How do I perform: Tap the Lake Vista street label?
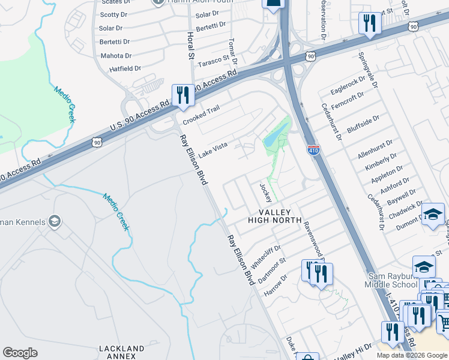213,149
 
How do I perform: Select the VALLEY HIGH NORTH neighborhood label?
275,217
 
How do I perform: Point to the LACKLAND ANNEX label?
122,352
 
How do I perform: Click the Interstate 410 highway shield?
313,149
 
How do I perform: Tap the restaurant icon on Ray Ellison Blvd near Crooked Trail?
182,96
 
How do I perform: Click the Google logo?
20,353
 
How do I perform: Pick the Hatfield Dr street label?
125,69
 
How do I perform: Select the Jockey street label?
266,192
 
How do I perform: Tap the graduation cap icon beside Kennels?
55,222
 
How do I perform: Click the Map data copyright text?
412,355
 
